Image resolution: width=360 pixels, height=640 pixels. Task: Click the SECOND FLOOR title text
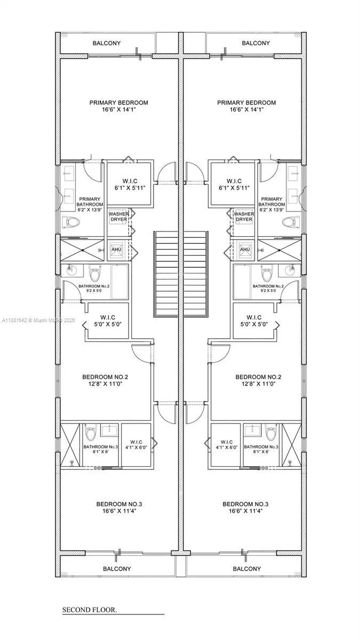pos(90,610)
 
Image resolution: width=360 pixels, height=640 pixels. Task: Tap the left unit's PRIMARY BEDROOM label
pos(119,102)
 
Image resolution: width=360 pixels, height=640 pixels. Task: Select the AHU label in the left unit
pos(116,250)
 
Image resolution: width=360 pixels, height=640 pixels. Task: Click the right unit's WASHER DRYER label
pos(244,217)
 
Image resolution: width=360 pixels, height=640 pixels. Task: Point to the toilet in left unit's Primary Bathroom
pos(70,222)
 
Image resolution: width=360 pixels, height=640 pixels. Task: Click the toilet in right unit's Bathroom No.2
pos(267,273)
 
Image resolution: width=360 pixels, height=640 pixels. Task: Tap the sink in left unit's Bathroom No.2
pos(70,270)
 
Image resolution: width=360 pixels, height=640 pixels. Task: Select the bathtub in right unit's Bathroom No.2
pos(242,282)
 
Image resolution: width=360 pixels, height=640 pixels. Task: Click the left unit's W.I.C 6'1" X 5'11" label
pos(130,185)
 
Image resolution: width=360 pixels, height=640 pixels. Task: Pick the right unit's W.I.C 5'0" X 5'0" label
pos(254,321)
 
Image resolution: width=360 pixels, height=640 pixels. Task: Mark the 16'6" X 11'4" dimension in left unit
pos(119,510)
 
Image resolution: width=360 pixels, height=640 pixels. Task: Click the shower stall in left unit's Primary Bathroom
pos(82,250)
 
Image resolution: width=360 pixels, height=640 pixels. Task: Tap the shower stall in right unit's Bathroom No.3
pos(291,445)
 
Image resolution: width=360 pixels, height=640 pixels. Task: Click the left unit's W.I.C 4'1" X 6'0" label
pos(136,445)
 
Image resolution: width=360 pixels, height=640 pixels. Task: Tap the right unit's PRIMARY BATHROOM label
pos(271,204)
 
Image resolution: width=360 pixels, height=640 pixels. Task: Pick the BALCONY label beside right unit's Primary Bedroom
pos(255,43)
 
